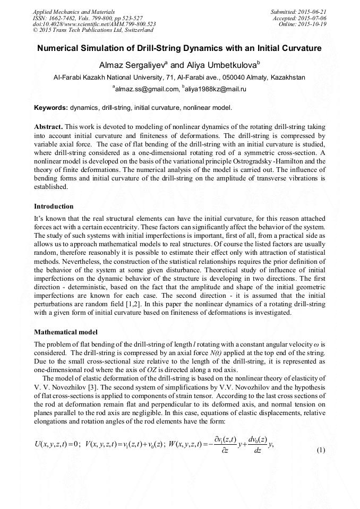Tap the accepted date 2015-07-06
pos(311,18)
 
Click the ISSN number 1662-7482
pos(66,18)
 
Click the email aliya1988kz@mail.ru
pos(215,89)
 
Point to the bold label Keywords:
pos(51,108)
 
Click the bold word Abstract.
pos(48,128)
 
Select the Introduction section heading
pos(54,206)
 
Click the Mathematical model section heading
pos(65,332)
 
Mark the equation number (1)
pos(320,450)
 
